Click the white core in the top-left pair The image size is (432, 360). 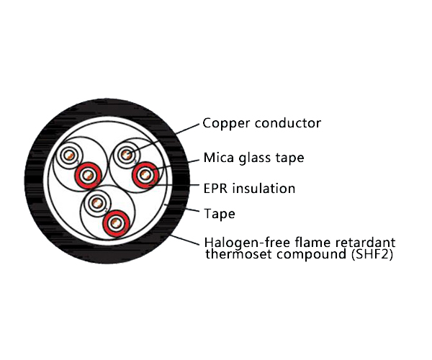click(x=70, y=156)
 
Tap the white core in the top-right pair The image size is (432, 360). click(x=127, y=153)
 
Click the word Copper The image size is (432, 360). click(x=224, y=124)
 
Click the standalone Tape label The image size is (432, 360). click(x=219, y=214)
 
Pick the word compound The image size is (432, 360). click(x=307, y=254)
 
